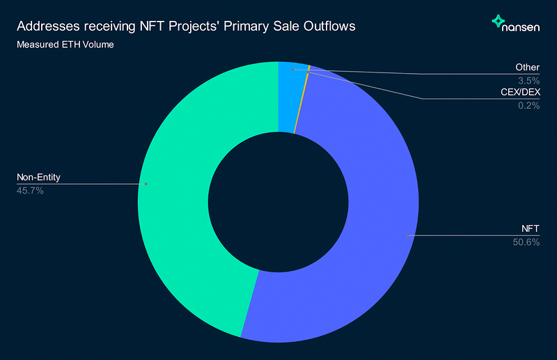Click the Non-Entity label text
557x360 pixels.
point(38,178)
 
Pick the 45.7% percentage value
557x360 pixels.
point(30,190)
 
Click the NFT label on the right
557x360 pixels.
point(530,229)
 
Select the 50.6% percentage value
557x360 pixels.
point(526,242)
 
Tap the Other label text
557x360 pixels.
point(527,68)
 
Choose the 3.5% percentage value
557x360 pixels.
point(529,80)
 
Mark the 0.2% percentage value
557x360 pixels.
point(529,106)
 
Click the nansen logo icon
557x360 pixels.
point(499,22)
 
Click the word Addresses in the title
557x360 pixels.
point(46,27)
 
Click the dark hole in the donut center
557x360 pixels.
point(278,202)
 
